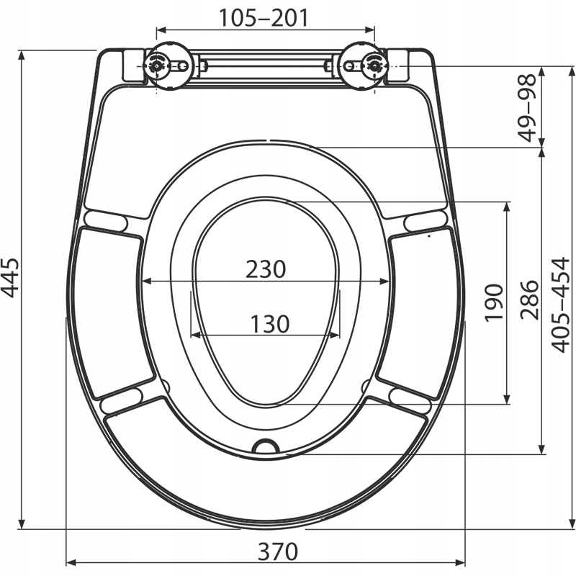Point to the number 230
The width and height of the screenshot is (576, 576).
tap(266, 269)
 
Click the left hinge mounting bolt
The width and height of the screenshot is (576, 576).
tap(157, 66)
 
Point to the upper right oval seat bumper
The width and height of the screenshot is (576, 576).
tap(426, 219)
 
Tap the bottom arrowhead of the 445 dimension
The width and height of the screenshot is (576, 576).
tap(22, 524)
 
